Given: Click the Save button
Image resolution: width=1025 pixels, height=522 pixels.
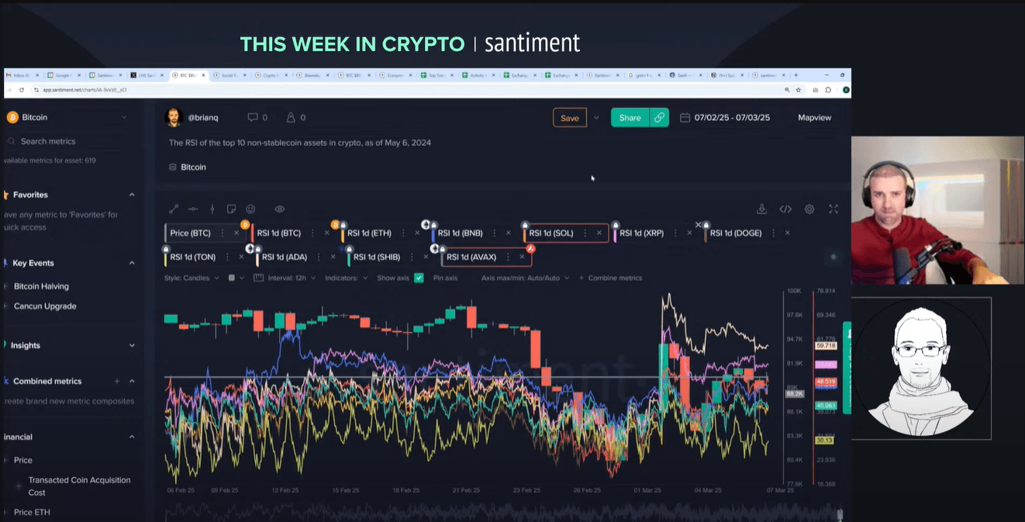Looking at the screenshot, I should (x=569, y=118).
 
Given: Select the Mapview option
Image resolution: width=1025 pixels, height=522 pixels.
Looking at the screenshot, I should (x=814, y=118).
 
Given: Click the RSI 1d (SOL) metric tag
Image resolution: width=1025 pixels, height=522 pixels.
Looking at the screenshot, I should (x=551, y=233).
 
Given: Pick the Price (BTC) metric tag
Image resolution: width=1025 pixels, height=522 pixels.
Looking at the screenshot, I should (x=190, y=233).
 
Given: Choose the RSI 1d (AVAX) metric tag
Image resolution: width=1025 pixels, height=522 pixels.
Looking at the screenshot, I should (x=471, y=257).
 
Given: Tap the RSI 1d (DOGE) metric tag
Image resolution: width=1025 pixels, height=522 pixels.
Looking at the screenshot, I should (x=735, y=233).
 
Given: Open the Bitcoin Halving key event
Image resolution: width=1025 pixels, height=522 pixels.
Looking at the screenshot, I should (x=41, y=286).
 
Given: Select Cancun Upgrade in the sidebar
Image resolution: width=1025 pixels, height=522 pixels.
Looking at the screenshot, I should (x=45, y=306).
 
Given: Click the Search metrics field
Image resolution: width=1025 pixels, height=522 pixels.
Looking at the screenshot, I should (x=48, y=141).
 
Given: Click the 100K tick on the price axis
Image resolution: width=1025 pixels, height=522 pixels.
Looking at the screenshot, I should (x=794, y=291).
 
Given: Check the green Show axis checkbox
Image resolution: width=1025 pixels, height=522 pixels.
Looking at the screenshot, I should (x=419, y=278).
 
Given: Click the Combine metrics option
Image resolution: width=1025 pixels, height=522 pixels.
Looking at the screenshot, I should (x=614, y=278).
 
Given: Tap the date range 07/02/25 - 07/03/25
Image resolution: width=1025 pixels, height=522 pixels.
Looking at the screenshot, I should (x=732, y=118).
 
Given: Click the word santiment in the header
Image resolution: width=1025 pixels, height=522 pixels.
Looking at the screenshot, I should (x=532, y=43).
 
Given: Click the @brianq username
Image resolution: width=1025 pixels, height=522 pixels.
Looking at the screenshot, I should (x=204, y=118).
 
